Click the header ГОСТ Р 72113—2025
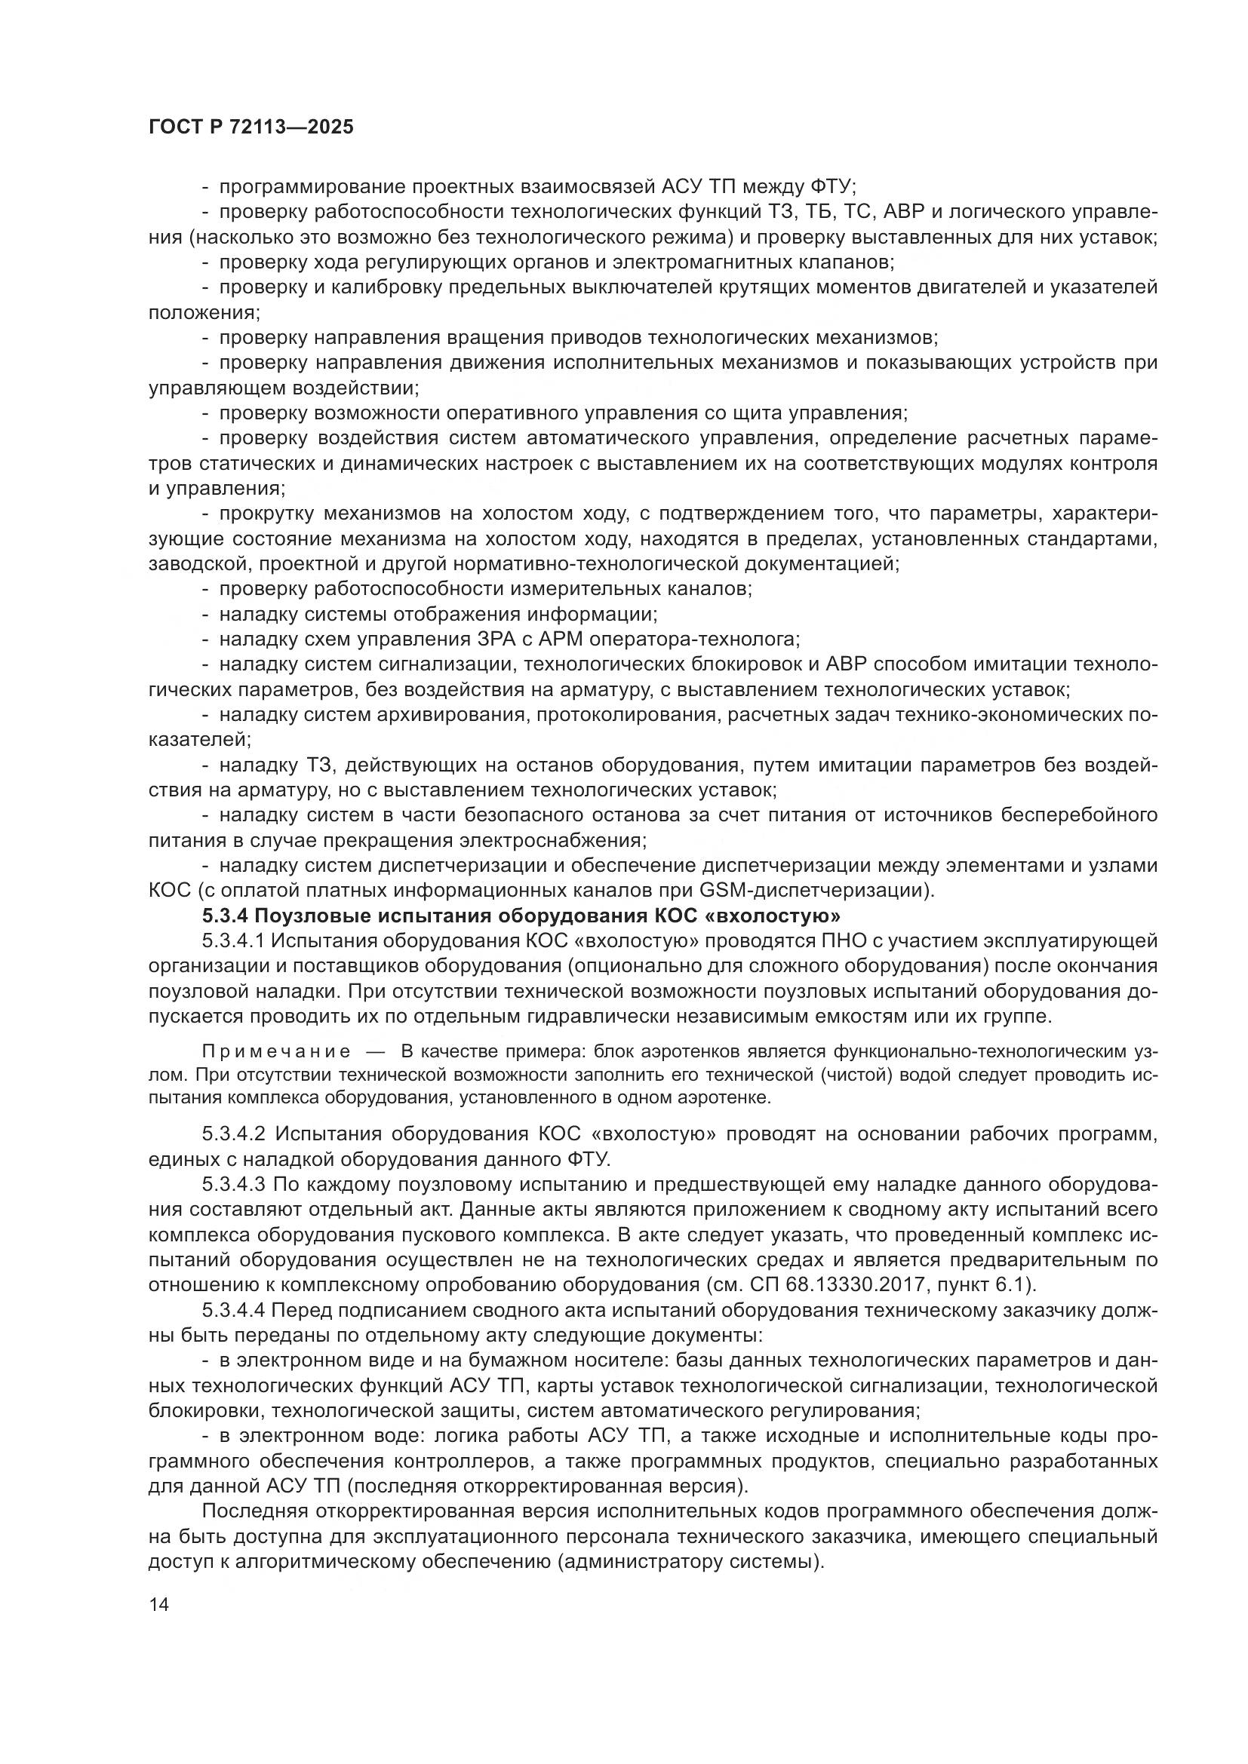tap(251, 127)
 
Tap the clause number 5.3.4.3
tap(234, 1184)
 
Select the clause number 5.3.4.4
tap(234, 1311)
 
